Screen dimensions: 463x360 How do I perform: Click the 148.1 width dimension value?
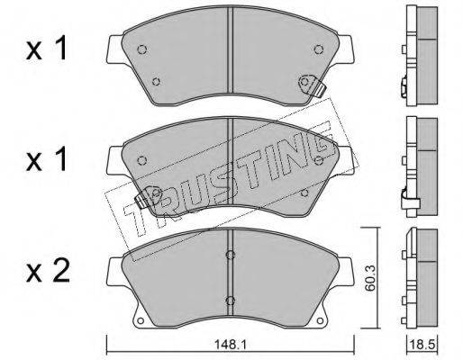[230, 345]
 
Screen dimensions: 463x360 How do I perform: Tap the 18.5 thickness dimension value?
[423, 345]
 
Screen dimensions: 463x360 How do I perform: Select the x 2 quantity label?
[48, 272]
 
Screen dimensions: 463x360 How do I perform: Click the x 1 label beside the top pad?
[47, 49]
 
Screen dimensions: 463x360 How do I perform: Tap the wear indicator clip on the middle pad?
[148, 197]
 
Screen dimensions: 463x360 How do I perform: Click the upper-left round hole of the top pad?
[141, 49]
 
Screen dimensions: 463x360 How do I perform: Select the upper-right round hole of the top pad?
[318, 49]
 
